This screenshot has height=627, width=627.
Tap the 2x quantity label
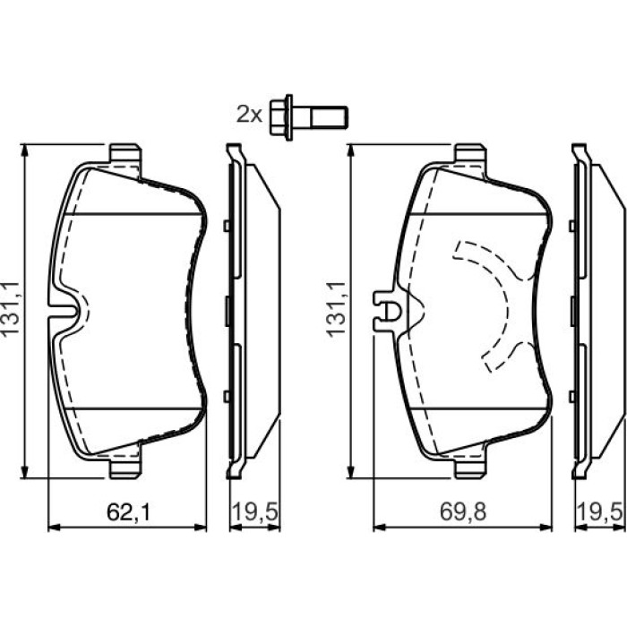point(250,115)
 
